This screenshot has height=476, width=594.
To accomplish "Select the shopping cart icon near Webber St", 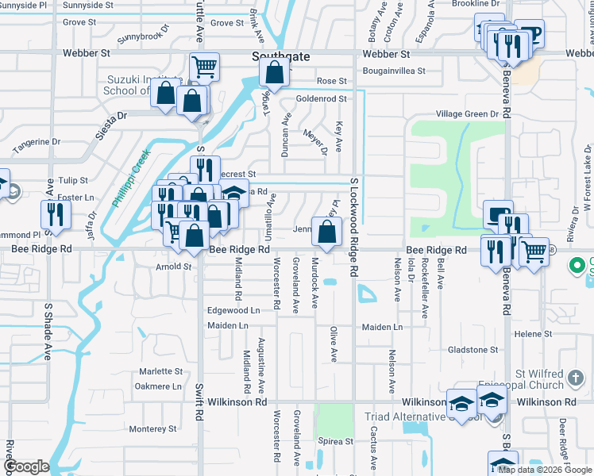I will click(x=205, y=67).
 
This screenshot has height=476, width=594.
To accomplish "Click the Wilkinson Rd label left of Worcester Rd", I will click(x=240, y=402).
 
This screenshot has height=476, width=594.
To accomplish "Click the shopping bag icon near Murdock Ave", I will click(x=326, y=232).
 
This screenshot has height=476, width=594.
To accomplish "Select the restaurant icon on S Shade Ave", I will click(x=56, y=213).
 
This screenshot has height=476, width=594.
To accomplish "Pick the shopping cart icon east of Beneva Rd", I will click(x=534, y=251).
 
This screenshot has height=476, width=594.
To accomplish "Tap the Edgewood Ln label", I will click(x=233, y=310).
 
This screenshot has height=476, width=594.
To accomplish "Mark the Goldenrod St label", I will click(x=321, y=99).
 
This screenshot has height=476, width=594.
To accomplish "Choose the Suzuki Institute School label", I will click(x=134, y=85).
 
